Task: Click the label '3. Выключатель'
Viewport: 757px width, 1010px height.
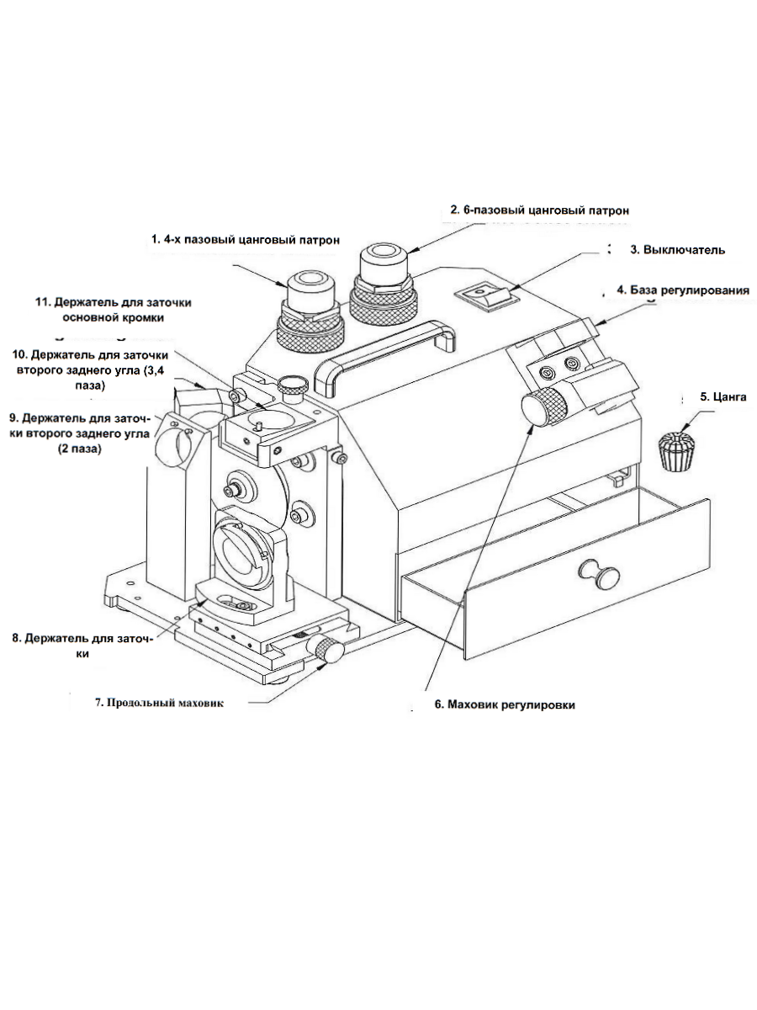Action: [x=677, y=250]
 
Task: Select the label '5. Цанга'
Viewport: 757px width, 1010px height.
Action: [x=723, y=396]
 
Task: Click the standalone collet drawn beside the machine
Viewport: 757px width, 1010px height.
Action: [x=677, y=451]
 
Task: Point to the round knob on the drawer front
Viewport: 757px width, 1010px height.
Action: [x=600, y=574]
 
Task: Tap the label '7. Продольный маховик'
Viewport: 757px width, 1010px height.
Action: [x=159, y=703]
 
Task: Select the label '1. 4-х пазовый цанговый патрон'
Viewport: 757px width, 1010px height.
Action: [x=246, y=240]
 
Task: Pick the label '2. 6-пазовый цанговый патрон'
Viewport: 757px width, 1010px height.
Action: [x=540, y=210]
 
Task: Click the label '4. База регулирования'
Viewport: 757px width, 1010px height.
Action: [x=683, y=290]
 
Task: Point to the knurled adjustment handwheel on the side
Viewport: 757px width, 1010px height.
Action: [x=544, y=407]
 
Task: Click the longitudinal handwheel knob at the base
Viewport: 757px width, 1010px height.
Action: [x=330, y=649]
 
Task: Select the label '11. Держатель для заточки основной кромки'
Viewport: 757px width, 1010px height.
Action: [x=113, y=310]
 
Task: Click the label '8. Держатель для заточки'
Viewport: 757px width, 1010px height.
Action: [x=82, y=646]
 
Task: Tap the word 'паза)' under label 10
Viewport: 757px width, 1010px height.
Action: [x=90, y=385]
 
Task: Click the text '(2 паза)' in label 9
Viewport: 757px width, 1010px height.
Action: [x=80, y=449]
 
